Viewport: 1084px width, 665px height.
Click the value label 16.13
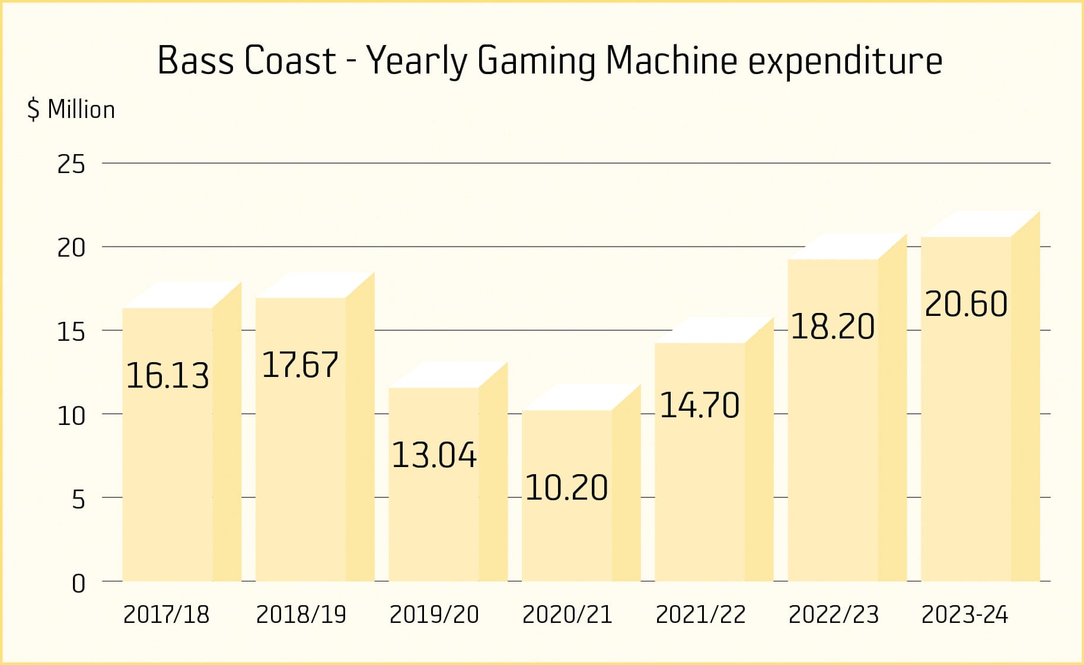pyautogui.click(x=168, y=376)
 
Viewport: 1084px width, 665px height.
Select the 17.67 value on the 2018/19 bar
pyautogui.click(x=300, y=365)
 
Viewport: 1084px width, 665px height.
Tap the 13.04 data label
pyautogui.click(x=434, y=455)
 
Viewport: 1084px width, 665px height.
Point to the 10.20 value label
pyautogui.click(x=567, y=488)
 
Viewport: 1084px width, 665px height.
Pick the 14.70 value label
pyautogui.click(x=700, y=405)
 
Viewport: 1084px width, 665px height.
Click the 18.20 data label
pyautogui.click(x=833, y=327)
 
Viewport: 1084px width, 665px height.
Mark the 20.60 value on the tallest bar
pyautogui.click(x=966, y=304)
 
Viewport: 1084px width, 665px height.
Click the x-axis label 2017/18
pyautogui.click(x=167, y=615)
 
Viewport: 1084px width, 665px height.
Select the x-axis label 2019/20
pyautogui.click(x=434, y=615)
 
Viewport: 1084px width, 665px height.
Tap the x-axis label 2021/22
pyautogui.click(x=700, y=615)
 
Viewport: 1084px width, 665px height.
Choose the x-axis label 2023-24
pyautogui.click(x=965, y=615)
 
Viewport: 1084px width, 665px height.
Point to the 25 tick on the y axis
pyautogui.click(x=71, y=164)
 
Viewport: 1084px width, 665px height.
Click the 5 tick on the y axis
pyautogui.click(x=78, y=500)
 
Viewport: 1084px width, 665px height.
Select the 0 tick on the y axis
pyautogui.click(x=78, y=584)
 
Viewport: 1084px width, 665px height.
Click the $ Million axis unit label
pyautogui.click(x=71, y=110)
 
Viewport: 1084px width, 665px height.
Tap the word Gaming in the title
pyautogui.click(x=536, y=60)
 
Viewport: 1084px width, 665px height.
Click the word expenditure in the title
pyautogui.click(x=845, y=60)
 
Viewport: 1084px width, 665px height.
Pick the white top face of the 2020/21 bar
pyautogui.click(x=575, y=397)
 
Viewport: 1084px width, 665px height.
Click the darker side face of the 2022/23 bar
pyautogui.click(x=892, y=415)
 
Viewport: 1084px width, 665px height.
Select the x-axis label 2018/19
pyautogui.click(x=301, y=615)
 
